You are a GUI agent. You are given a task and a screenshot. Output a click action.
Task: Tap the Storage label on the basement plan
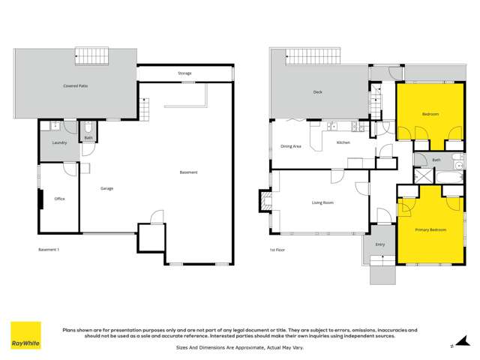184,73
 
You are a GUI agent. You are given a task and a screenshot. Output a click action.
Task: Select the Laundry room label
60,142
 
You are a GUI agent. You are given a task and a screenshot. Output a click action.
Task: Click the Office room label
59,199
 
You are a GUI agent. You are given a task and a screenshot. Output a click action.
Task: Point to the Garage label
107,188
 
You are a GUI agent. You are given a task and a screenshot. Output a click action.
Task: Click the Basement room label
188,173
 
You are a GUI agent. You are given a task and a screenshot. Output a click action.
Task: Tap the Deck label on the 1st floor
318,93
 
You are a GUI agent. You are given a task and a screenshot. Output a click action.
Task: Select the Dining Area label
291,146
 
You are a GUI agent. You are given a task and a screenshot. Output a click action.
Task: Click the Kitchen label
343,142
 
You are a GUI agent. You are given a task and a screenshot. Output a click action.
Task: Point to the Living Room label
322,202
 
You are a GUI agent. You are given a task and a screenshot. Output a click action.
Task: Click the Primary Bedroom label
430,229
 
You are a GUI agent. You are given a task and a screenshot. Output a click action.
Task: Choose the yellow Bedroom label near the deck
430,114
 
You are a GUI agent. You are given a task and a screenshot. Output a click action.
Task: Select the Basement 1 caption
48,250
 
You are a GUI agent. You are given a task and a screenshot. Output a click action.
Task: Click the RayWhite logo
25,336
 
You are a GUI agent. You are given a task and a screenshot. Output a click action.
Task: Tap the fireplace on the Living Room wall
264,200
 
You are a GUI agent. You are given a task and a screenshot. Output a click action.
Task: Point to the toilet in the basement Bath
88,127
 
